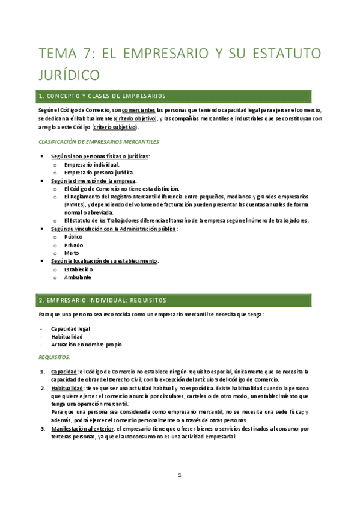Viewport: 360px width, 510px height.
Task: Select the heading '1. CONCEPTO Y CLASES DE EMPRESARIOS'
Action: coord(102,96)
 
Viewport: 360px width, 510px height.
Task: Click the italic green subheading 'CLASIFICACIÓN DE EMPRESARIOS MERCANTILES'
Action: coord(99,141)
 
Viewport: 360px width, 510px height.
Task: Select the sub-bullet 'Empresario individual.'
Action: coord(91,164)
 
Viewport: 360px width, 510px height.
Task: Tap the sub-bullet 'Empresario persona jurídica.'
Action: coord(99,172)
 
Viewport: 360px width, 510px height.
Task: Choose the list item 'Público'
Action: coord(73,237)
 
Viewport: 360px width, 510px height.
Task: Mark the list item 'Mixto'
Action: coord(72,253)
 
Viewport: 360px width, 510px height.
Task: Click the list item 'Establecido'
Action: coord(78,269)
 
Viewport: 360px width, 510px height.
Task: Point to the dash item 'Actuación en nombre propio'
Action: coord(86,345)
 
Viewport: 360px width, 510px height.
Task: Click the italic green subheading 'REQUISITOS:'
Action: coord(54,357)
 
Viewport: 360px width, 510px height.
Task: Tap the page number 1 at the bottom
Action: coord(180,475)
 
